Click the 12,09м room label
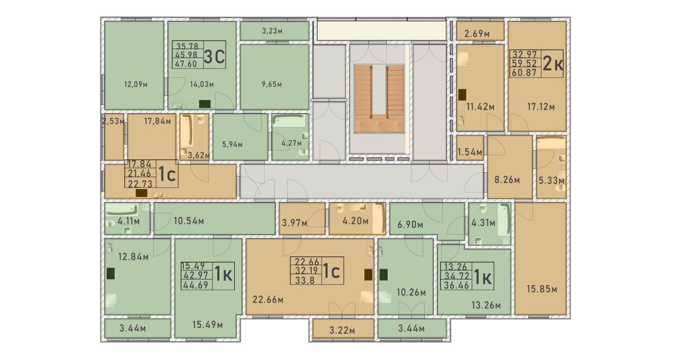click(x=136, y=84)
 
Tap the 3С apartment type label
click(x=215, y=57)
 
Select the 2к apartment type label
click(x=553, y=64)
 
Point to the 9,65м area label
click(x=272, y=84)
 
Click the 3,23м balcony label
click(x=272, y=31)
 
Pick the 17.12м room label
click(x=541, y=107)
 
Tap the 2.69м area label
click(x=477, y=34)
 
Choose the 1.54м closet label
click(x=470, y=152)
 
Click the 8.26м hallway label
click(x=507, y=180)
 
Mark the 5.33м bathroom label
click(x=551, y=181)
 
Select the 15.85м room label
click(x=542, y=289)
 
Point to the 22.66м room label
click(x=268, y=300)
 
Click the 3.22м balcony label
click(x=342, y=331)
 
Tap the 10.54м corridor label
click(x=189, y=221)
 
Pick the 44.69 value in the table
click(x=195, y=285)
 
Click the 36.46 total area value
click(x=456, y=286)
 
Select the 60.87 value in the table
click(x=525, y=73)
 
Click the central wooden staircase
click(x=379, y=99)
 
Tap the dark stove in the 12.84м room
click(x=110, y=274)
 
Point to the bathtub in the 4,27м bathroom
click(x=289, y=121)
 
